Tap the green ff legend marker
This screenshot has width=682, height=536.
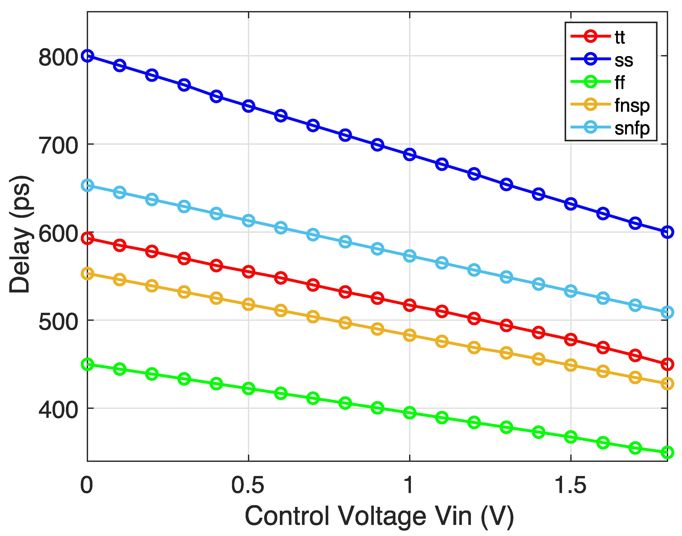[x=590, y=82]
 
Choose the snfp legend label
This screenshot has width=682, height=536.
[x=632, y=128]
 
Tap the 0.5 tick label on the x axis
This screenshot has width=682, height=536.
[x=248, y=485]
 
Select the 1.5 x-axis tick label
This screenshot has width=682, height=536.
[x=570, y=485]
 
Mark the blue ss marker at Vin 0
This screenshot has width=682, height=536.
[x=87, y=56]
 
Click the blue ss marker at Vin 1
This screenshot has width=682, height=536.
[x=409, y=154]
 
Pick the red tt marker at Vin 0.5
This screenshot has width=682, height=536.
[x=248, y=271]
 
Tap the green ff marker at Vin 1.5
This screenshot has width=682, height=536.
[x=570, y=437]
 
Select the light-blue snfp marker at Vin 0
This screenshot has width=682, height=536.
[x=87, y=185]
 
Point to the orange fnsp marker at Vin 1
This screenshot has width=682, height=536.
[x=409, y=335]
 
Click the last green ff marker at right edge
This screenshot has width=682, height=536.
[x=667, y=452]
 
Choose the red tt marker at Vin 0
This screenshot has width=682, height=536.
[x=87, y=238]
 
